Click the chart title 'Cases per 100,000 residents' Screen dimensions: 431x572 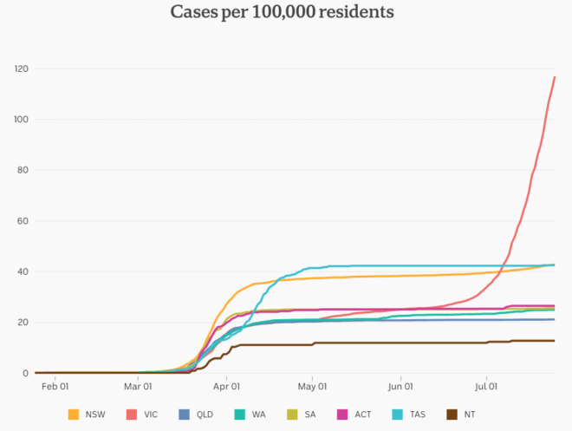tap(283, 12)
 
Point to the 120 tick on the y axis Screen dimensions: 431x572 tap(20, 69)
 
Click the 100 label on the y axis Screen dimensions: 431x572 tap(20, 120)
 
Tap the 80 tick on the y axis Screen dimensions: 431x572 tap(23, 170)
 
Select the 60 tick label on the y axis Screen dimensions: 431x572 tap(23, 221)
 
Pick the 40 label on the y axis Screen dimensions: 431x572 tap(23, 272)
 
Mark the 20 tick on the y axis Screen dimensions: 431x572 tap(23, 323)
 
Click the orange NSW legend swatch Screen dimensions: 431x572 tap(74, 415)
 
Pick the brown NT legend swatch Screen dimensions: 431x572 tap(452, 415)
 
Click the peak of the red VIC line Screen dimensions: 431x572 tap(555, 77)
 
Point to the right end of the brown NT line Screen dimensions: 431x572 tap(555, 341)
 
